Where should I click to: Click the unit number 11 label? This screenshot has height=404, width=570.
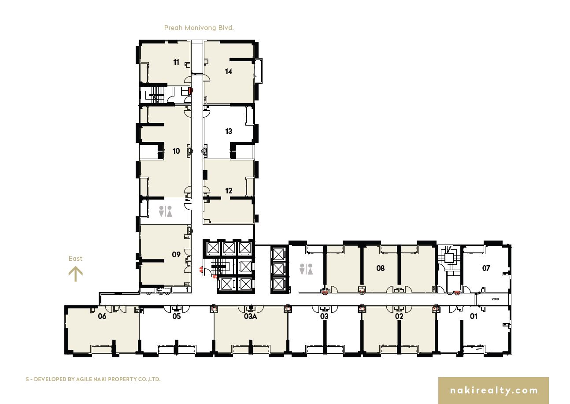pyautogui.click(x=176, y=62)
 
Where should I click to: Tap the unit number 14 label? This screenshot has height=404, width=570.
pyautogui.click(x=229, y=71)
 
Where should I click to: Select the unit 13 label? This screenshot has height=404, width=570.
pyautogui.click(x=229, y=131)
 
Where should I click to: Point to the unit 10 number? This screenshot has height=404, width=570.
pyautogui.click(x=176, y=151)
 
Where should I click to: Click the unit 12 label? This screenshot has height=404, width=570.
pyautogui.click(x=229, y=191)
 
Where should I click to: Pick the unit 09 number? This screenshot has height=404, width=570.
pyautogui.click(x=176, y=255)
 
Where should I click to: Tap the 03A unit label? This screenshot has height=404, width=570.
pyautogui.click(x=250, y=316)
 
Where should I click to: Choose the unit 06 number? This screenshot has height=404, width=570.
pyautogui.click(x=102, y=316)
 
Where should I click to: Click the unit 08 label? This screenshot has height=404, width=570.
pyautogui.click(x=381, y=268)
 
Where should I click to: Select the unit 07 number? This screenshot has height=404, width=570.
pyautogui.click(x=486, y=268)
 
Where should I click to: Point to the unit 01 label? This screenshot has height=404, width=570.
pyautogui.click(x=474, y=316)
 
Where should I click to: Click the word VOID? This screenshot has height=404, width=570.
pyautogui.click(x=495, y=299)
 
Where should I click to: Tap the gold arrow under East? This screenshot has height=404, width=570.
pyautogui.click(x=76, y=274)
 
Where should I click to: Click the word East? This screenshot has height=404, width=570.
pyautogui.click(x=76, y=259)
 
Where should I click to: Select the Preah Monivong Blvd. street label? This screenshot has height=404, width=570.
pyautogui.click(x=199, y=28)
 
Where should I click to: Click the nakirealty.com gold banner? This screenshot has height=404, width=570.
pyautogui.click(x=493, y=390)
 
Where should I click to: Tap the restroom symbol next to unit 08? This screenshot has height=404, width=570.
pyautogui.click(x=306, y=269)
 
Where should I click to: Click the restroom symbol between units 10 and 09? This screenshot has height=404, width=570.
pyautogui.click(x=165, y=211)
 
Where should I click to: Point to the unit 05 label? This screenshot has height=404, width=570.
pyautogui.click(x=176, y=316)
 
